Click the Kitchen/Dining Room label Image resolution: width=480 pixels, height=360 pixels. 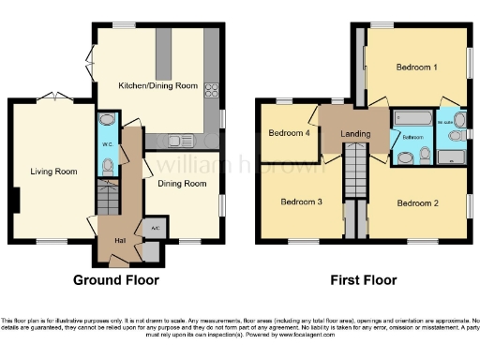point(157,85)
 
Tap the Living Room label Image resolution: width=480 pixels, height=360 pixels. point(53,171)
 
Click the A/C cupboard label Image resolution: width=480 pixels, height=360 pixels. point(151,228)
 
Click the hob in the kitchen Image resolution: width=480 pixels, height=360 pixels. point(211,92)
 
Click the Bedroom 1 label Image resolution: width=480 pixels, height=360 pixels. point(415,67)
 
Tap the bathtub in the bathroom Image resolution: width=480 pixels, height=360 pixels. point(412,118)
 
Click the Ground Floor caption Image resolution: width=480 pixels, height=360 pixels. point(117,280)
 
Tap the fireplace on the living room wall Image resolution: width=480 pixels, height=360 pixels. point(16,200)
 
